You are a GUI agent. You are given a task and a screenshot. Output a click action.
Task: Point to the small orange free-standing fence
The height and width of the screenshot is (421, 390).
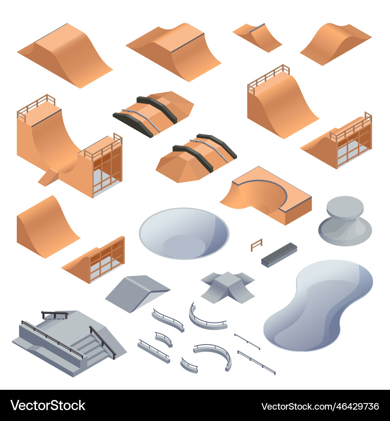pyautogui.click(x=256, y=245)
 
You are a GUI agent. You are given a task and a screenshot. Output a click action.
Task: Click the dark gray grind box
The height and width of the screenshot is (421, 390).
pyautogui.click(x=279, y=255)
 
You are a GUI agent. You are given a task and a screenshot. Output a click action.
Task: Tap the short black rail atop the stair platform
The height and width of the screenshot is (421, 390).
pyautogui.click(x=55, y=314)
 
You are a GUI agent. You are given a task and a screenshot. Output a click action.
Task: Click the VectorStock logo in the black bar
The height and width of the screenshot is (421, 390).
pyautogui.click(x=48, y=405)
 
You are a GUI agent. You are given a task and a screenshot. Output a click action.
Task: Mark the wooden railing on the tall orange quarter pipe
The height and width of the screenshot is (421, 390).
pyautogui.click(x=268, y=75)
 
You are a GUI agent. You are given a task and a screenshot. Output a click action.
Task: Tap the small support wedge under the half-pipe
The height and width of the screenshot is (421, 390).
pyautogui.click(x=48, y=177)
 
